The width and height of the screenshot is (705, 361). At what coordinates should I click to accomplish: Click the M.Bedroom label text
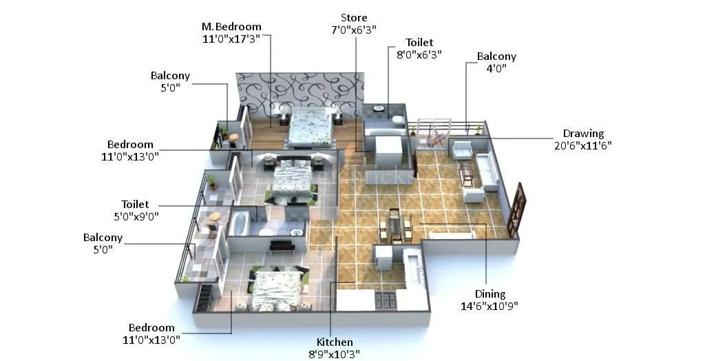pos(231,27)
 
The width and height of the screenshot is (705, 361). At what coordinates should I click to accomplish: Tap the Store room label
pos(354,18)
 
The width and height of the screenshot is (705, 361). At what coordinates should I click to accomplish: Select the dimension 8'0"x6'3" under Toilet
pos(419,54)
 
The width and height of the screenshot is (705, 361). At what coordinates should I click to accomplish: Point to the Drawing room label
pos(582,134)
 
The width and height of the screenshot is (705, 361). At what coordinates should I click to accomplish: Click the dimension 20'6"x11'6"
pos(582,145)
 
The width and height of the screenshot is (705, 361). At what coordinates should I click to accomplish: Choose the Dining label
pos(489,294)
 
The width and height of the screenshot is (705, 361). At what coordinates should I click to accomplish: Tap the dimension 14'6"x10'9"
pos(489,306)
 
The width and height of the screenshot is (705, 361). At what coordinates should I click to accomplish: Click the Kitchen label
pos(335,342)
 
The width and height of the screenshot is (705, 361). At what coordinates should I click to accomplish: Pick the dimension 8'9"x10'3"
pos(335,354)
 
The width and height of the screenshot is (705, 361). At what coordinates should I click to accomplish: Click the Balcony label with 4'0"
pos(496,56)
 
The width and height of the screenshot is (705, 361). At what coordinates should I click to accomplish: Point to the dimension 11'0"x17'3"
pos(231,39)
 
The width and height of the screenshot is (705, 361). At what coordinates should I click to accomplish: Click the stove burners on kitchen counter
pos(385,300)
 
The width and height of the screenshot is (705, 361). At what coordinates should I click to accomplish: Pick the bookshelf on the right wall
pos(516,209)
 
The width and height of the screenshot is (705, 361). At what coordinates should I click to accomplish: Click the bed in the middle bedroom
pos(292,180)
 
